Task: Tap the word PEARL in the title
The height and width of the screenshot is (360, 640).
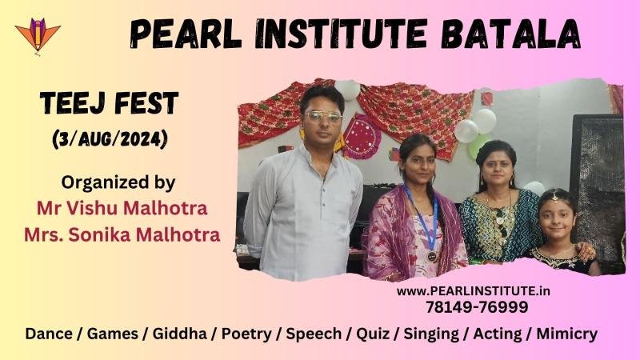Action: [186, 34]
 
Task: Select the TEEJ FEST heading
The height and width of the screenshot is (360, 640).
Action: [109, 103]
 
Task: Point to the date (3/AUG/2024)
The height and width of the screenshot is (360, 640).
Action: [110, 139]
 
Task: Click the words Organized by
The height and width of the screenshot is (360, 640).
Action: [118, 182]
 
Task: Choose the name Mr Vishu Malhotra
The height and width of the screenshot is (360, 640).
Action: [122, 208]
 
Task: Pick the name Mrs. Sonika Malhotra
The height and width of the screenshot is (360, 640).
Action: [122, 234]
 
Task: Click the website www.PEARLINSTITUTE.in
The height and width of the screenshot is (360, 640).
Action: [473, 291]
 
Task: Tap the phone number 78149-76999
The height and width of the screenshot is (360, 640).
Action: [477, 307]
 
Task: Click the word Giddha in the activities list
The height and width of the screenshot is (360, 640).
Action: [179, 334]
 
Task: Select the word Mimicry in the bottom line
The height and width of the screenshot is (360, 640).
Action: [567, 334]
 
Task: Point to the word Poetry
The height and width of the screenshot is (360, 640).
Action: [246, 334]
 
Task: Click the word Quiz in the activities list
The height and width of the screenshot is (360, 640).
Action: [373, 334]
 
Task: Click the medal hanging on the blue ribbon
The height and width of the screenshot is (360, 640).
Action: [431, 256]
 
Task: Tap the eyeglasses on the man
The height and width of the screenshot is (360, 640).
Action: [324, 117]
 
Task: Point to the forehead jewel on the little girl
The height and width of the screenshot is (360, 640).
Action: [554, 197]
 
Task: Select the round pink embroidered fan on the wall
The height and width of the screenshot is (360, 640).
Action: [361, 137]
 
